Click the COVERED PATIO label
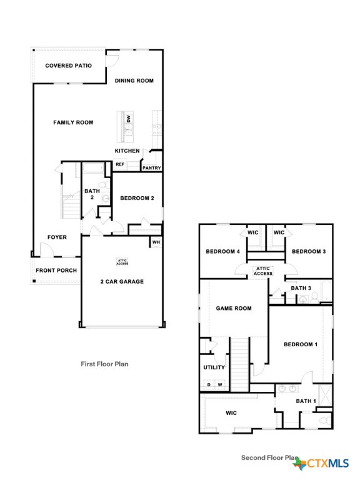coord(68,66)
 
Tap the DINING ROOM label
coord(134,81)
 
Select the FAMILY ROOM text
coord(73,122)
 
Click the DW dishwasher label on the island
coord(128,118)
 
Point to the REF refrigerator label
coord(119,164)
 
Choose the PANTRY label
coord(152,167)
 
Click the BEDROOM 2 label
coord(137,199)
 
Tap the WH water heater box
coord(156,242)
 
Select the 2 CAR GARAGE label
coord(122,281)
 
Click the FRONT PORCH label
coord(56,271)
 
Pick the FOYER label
coord(57,237)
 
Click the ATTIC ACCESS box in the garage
coord(122,262)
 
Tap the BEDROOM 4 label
coord(222,252)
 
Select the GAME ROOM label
coord(233,308)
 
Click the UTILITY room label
coord(214,367)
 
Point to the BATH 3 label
coord(301,288)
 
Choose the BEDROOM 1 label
coord(301,344)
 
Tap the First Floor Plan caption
coord(105,363)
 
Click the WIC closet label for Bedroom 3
coord(279,232)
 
